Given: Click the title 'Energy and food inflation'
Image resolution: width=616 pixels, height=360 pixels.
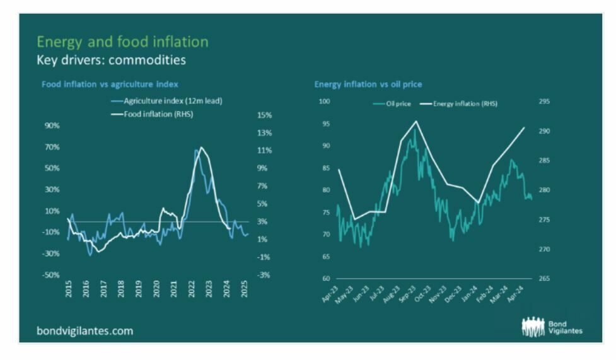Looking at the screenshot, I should (122, 42).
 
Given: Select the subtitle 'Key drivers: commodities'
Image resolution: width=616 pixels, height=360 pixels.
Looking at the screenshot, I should (111, 61).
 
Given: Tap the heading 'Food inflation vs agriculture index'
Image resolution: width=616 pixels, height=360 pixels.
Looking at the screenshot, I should (110, 84).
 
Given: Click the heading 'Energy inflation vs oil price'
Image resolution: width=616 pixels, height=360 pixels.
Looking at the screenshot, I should (368, 84).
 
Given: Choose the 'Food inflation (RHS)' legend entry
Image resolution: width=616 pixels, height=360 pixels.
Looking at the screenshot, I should (156, 114).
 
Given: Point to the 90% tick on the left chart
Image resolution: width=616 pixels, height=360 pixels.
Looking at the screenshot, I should (51, 125).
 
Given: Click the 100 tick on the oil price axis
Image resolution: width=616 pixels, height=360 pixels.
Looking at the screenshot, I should (325, 101).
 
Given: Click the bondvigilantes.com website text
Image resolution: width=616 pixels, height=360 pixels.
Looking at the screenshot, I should (85, 330).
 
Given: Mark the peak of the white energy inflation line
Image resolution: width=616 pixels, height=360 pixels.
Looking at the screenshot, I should (416, 121).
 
